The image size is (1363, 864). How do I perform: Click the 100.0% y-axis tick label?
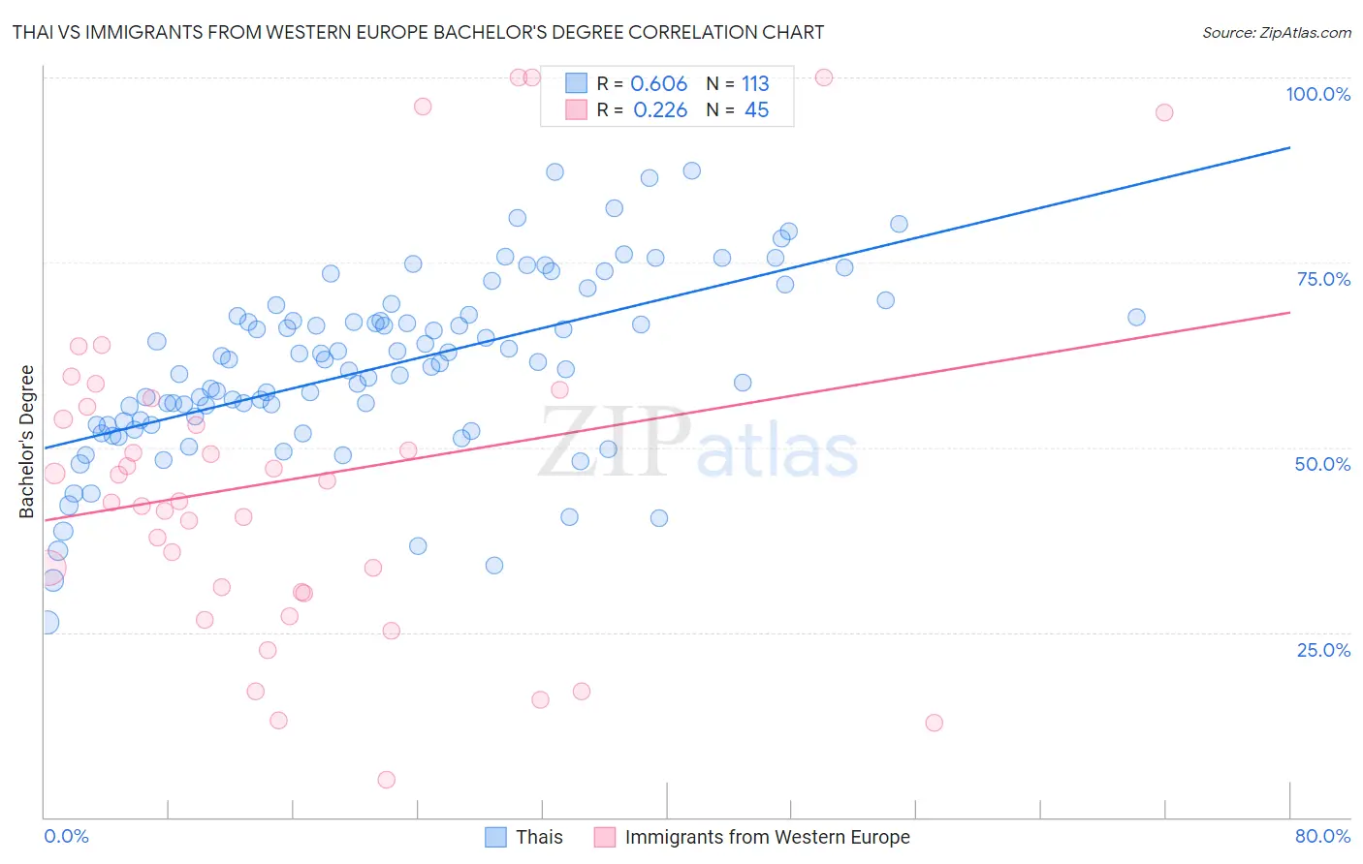[x=1317, y=94]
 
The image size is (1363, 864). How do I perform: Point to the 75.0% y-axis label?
[x=1323, y=279]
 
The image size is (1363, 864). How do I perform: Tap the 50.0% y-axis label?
[x=1322, y=464]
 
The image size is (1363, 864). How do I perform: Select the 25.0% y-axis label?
[x=1323, y=649]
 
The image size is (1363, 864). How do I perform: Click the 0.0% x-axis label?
[x=66, y=836]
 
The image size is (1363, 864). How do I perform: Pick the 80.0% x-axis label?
[x=1322, y=836]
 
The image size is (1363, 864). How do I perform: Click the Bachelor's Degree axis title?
[x=27, y=442]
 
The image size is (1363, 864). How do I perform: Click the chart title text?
[x=418, y=32]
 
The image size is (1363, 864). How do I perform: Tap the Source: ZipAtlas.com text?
[x=1276, y=32]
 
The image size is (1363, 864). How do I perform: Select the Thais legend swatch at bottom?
[x=495, y=837]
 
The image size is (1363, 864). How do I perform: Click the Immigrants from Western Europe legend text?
[x=767, y=837]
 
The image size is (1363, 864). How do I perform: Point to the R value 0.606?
[x=658, y=84]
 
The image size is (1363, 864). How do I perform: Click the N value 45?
[x=756, y=110]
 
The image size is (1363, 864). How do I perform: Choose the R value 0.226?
[x=659, y=110]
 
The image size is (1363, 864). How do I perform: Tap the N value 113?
[x=755, y=84]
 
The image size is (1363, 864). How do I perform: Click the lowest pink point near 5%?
[x=386, y=780]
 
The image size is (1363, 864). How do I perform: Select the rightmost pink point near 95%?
[x=1164, y=112]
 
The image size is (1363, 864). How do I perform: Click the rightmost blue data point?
[x=1136, y=318]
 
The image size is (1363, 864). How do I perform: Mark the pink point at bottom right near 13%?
[x=934, y=723]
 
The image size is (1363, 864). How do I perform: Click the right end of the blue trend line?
[x=1289, y=147]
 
